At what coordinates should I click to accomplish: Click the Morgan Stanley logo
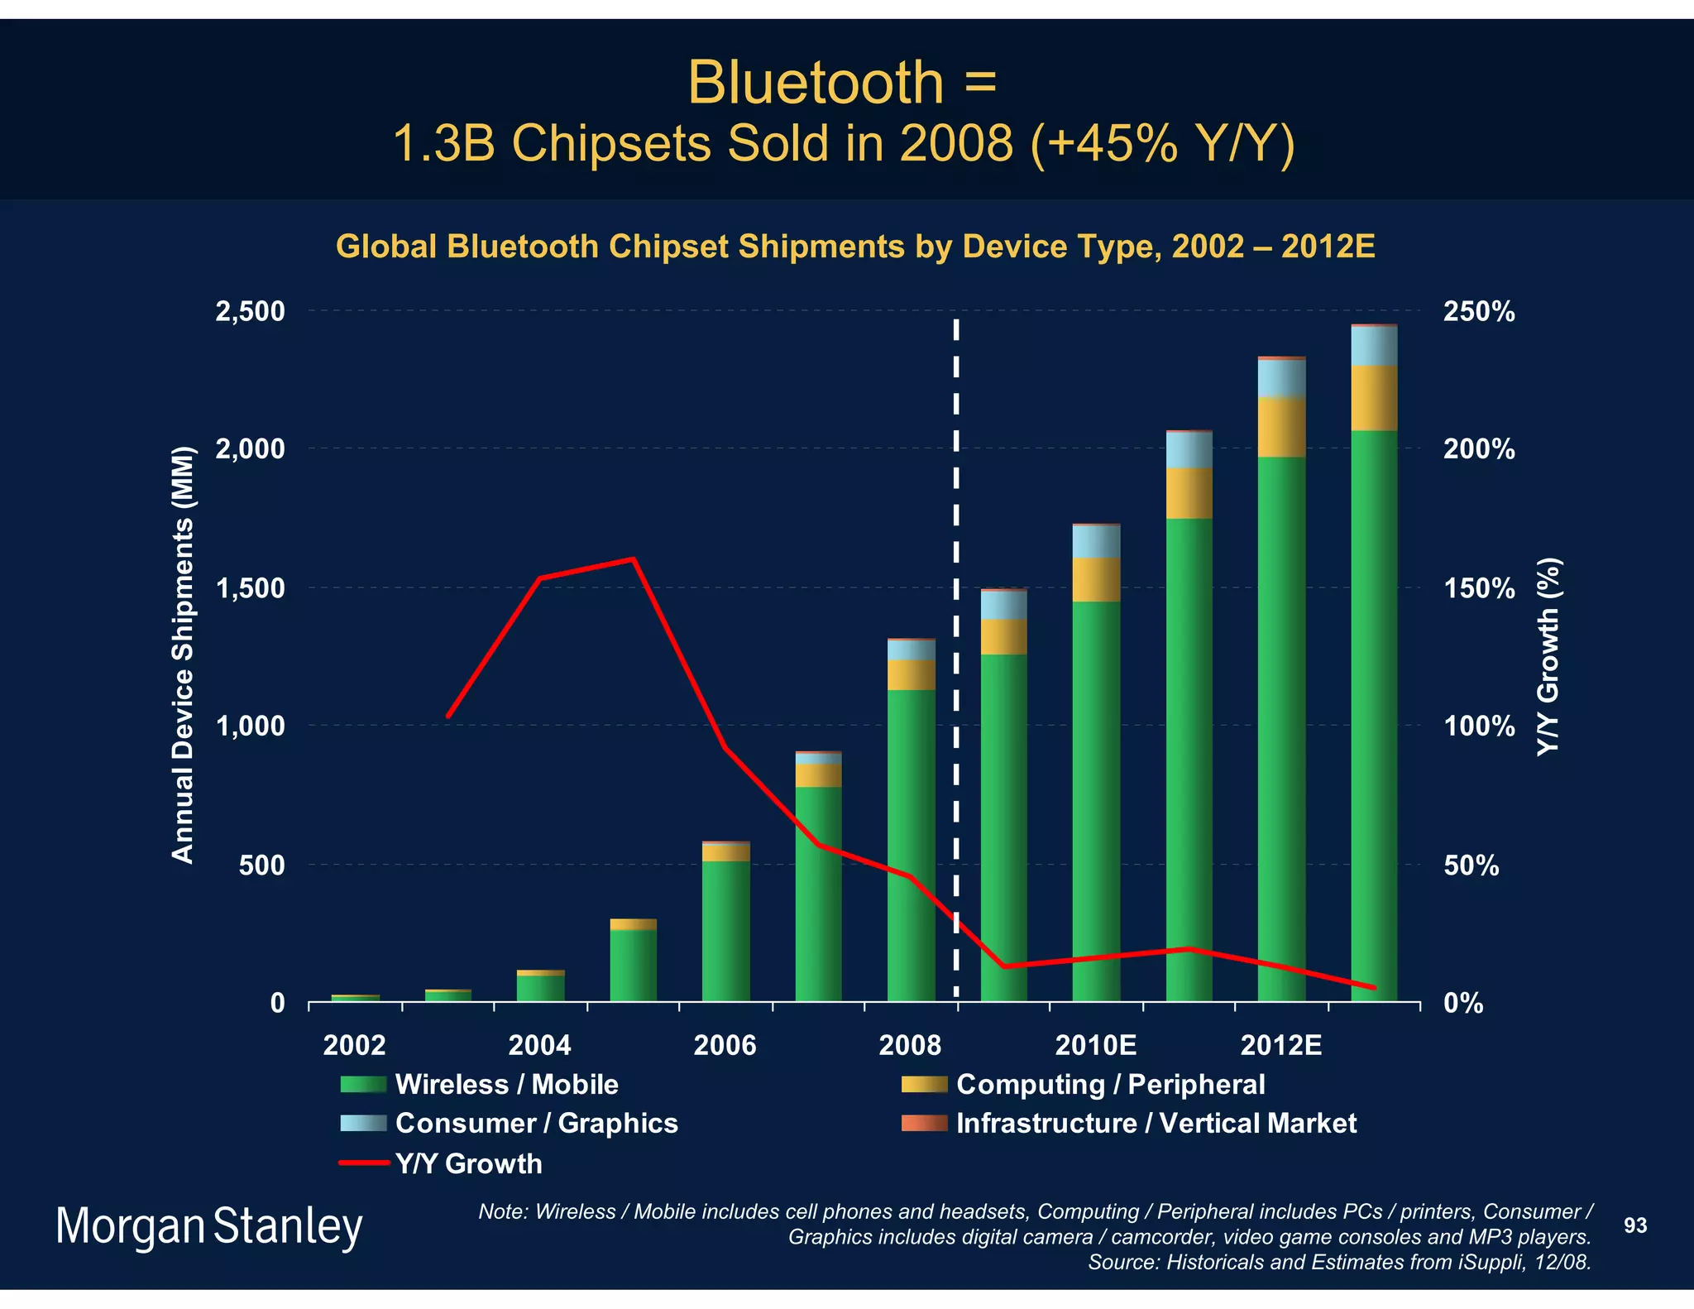click(208, 1226)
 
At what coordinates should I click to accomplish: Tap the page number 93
click(1634, 1225)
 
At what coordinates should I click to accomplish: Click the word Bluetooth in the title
click(815, 83)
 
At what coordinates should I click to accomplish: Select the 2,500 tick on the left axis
click(250, 312)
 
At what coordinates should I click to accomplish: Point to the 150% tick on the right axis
click(1479, 589)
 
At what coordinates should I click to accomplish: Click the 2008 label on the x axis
click(910, 1045)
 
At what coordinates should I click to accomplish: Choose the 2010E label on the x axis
click(1095, 1045)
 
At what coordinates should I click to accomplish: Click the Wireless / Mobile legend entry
click(505, 1084)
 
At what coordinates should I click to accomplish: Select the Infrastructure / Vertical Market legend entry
click(1155, 1123)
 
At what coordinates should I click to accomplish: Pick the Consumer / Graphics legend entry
click(535, 1123)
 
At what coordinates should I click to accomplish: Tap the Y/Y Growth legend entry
click(467, 1163)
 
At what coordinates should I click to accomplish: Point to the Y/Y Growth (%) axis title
click(1548, 655)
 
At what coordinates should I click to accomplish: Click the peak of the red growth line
click(633, 559)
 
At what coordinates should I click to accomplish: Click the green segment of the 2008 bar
click(911, 844)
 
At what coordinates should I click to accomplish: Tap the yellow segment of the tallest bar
click(1374, 398)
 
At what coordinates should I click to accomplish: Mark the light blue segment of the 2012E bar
click(1281, 378)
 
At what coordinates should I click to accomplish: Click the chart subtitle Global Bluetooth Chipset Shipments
click(854, 247)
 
